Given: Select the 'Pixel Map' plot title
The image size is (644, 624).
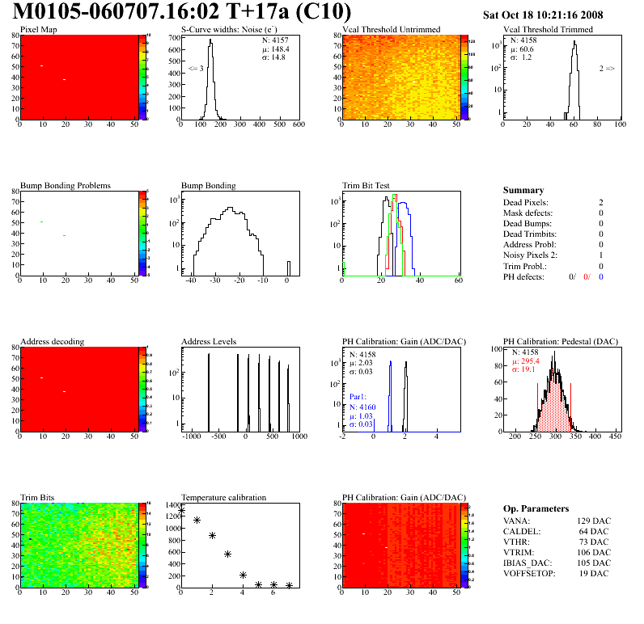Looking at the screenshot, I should click(39, 30).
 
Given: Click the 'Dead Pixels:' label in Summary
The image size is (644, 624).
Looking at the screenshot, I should click(525, 202).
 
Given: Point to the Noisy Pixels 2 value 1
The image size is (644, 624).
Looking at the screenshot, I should click(601, 255).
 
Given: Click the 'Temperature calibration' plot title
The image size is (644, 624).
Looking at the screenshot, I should click(223, 497).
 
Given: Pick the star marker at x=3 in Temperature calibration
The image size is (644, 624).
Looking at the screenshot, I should click(227, 554).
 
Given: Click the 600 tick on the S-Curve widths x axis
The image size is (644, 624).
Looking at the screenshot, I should click(298, 124).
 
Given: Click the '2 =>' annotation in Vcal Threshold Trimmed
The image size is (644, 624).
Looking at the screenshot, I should click(607, 70).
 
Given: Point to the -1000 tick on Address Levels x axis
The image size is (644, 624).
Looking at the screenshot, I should click(192, 436).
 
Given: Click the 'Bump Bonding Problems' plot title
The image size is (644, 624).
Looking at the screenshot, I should click(66, 186).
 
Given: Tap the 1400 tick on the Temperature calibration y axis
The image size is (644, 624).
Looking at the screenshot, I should click(172, 504).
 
